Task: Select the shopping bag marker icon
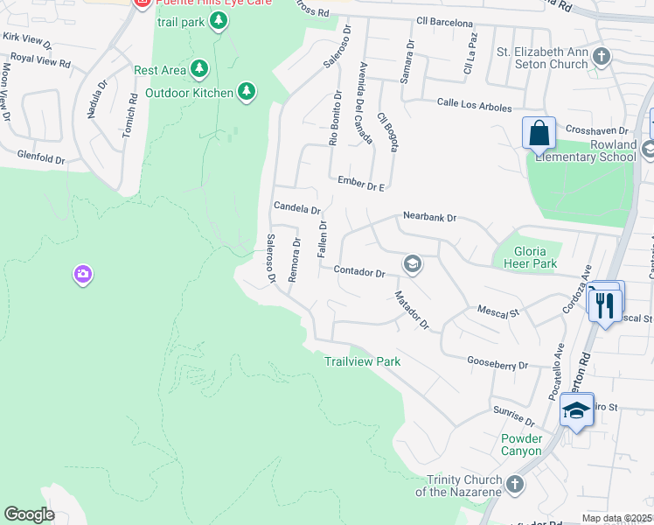[x=539, y=134]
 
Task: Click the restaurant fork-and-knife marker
[x=602, y=304]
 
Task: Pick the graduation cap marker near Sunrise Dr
[x=577, y=410]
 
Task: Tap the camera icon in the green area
[x=83, y=275]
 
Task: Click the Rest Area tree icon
[x=200, y=68]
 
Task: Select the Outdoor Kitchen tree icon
[x=247, y=91]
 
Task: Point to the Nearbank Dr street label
[x=429, y=216]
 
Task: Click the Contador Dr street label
[x=358, y=272]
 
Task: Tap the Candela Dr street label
[x=297, y=209]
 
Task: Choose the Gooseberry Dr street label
[x=498, y=364]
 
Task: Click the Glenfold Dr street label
[x=41, y=159]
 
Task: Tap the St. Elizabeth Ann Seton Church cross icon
[x=601, y=57]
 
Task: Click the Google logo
[x=29, y=514]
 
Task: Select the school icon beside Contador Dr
[x=412, y=263]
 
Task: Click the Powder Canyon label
[x=522, y=444]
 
